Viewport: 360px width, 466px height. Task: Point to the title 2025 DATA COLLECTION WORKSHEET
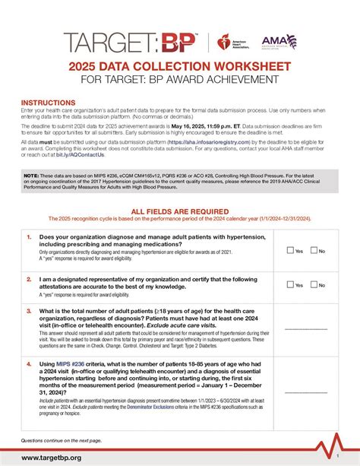[x=179, y=68]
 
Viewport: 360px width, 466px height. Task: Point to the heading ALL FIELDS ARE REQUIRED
[x=179, y=214]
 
